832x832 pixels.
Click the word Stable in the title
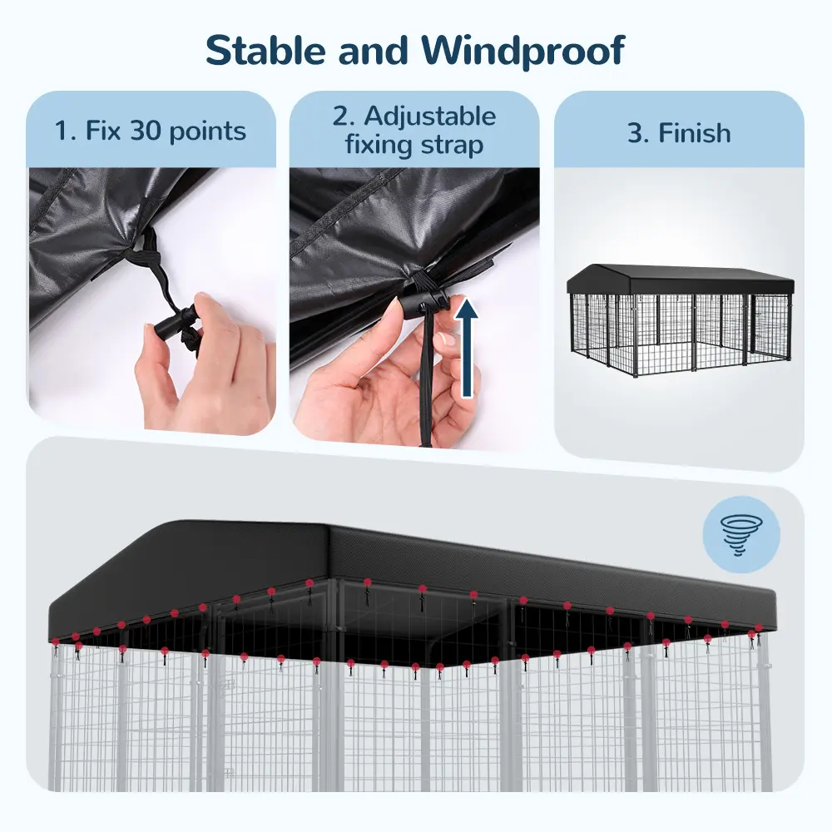pos(265,51)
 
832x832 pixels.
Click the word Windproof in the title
pos(523,52)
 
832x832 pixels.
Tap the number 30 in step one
pos(146,131)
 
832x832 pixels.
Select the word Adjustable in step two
pos(430,117)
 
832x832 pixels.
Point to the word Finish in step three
pos(695,132)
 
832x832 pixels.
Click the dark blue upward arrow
pos(467,347)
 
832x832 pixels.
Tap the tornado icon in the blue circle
pos(741,535)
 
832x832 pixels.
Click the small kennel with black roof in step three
pos(681,320)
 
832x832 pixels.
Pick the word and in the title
pos(373,51)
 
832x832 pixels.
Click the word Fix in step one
pos(104,130)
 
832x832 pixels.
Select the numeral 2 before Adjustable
pos(340,116)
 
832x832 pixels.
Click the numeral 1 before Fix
pos(63,131)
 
